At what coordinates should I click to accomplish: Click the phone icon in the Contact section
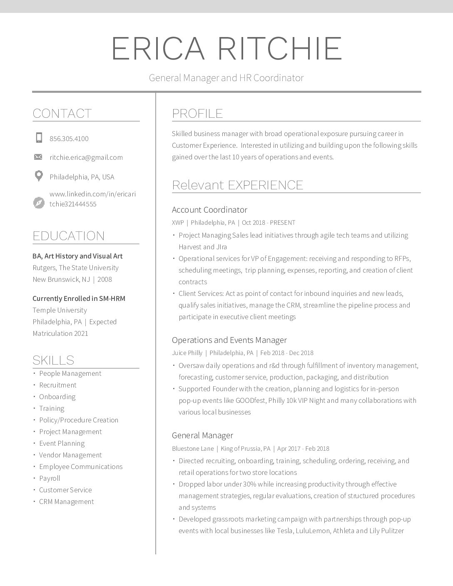(39, 138)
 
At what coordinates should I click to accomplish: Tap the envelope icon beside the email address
(38, 157)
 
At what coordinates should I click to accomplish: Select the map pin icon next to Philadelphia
(39, 176)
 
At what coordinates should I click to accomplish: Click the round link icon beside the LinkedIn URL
(39, 203)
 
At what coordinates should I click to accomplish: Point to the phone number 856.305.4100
(69, 139)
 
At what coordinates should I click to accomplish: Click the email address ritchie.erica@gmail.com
(86, 157)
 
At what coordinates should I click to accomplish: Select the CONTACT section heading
(62, 113)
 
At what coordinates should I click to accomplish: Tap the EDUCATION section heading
(69, 236)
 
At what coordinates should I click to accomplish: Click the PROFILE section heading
(197, 113)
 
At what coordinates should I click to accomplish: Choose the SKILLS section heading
(53, 360)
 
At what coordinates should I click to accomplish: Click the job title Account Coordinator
(209, 210)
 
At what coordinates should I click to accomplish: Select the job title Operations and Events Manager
(229, 340)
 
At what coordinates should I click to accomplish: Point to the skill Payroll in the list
(50, 478)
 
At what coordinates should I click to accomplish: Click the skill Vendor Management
(70, 455)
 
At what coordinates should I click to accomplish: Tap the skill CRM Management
(67, 502)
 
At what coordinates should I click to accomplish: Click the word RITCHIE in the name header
(280, 49)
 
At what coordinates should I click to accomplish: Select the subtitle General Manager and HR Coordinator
(226, 78)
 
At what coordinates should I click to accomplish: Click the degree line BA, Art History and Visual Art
(77, 256)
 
